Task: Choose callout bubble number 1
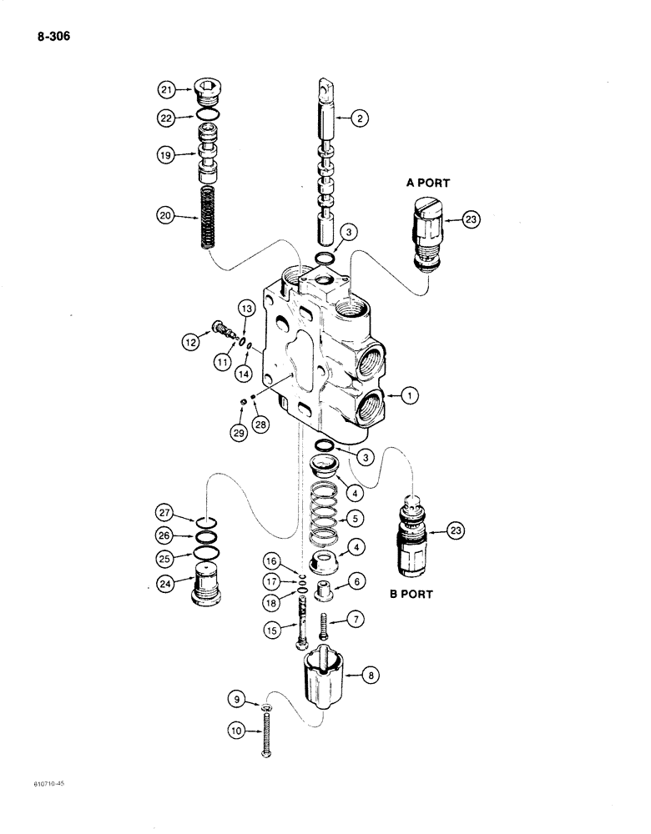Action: [408, 398]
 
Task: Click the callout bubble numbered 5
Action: [356, 518]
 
